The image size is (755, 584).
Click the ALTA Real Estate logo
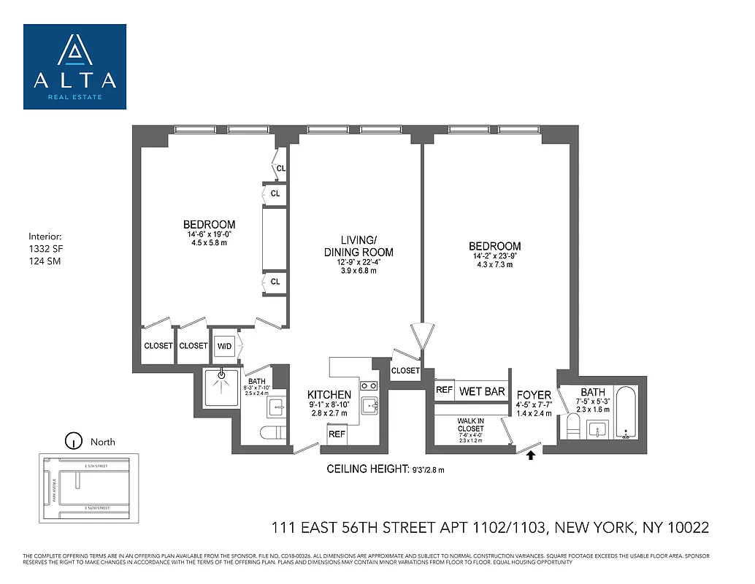[74, 66]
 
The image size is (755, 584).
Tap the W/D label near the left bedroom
[224, 345]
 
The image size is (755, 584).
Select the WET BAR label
[482, 392]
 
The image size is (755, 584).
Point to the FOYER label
[534, 395]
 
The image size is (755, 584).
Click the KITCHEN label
[329, 395]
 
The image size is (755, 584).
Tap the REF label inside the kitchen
[337, 434]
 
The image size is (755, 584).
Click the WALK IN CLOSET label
[470, 424]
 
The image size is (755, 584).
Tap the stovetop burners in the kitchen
[369, 386]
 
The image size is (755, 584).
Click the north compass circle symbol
[72, 441]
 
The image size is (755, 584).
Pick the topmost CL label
[281, 169]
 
